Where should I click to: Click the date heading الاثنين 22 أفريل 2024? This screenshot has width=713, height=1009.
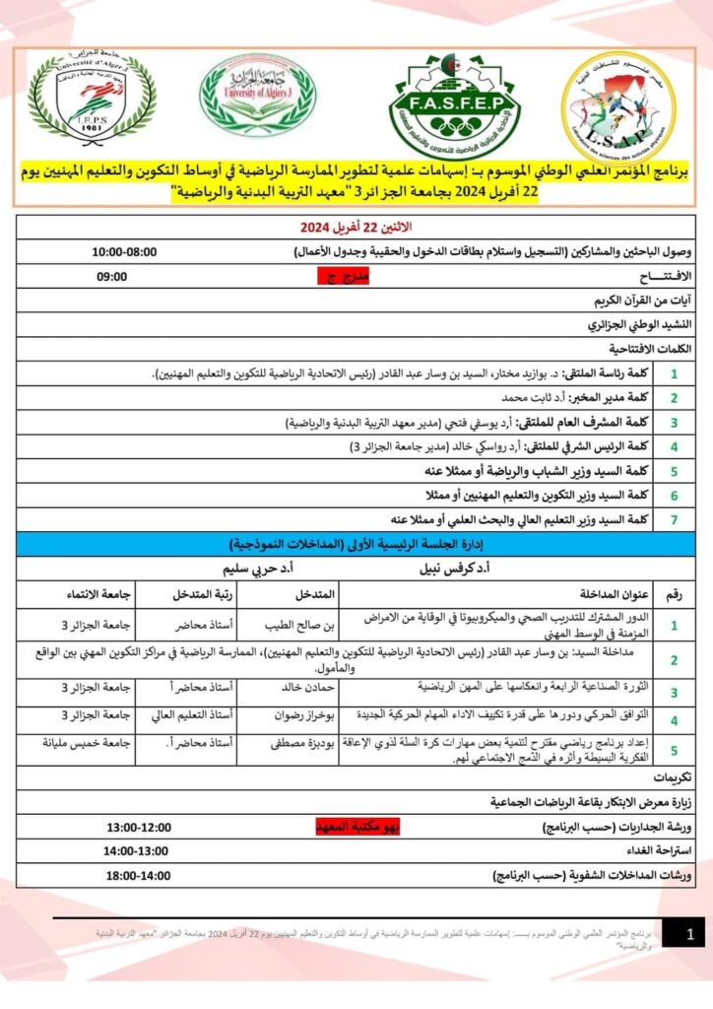[356, 229]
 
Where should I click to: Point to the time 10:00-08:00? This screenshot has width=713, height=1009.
[125, 252]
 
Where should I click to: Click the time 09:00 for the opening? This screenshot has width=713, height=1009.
[111, 277]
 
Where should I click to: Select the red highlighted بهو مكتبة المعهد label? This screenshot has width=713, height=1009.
[357, 827]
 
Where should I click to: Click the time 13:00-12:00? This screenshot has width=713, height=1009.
[139, 827]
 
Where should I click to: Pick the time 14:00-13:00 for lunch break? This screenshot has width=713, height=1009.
[137, 850]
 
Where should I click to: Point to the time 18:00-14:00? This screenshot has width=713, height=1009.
[137, 874]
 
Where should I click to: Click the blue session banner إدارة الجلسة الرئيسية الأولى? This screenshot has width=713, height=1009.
[356, 543]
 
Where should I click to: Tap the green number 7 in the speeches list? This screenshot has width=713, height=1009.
[673, 518]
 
